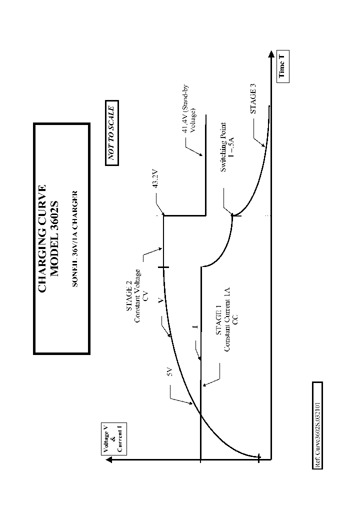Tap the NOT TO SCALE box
[x=112, y=133]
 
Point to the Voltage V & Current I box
[x=112, y=438]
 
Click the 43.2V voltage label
[x=155, y=179]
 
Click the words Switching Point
[x=223, y=148]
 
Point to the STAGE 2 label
[x=129, y=310]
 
